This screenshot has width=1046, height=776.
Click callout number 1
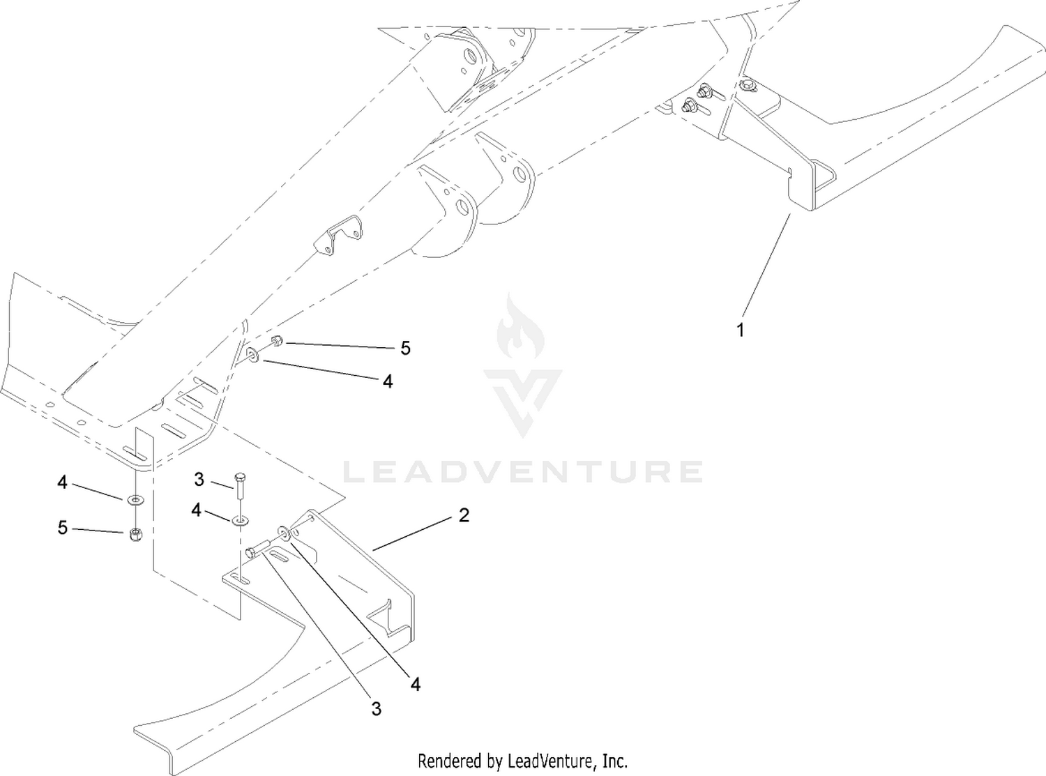coord(741,330)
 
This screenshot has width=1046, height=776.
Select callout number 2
coord(464,515)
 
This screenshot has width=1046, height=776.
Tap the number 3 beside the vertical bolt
coord(199,479)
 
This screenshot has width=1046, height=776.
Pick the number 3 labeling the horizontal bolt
coord(377,708)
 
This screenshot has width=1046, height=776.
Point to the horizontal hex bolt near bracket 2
coord(257,549)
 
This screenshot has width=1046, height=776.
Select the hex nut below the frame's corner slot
coord(135,534)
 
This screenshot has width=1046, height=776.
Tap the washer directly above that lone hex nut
coord(136,499)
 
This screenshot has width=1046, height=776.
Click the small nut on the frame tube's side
coord(278,340)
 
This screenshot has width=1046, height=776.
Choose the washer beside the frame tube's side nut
coord(252,354)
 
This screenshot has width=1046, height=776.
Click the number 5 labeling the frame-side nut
coord(406,348)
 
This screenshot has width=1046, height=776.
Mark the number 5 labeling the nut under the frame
coord(63,527)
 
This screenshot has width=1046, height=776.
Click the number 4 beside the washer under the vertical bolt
coord(196,510)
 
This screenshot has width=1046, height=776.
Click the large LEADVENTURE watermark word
coord(522,471)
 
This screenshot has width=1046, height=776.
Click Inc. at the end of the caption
coord(616,761)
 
